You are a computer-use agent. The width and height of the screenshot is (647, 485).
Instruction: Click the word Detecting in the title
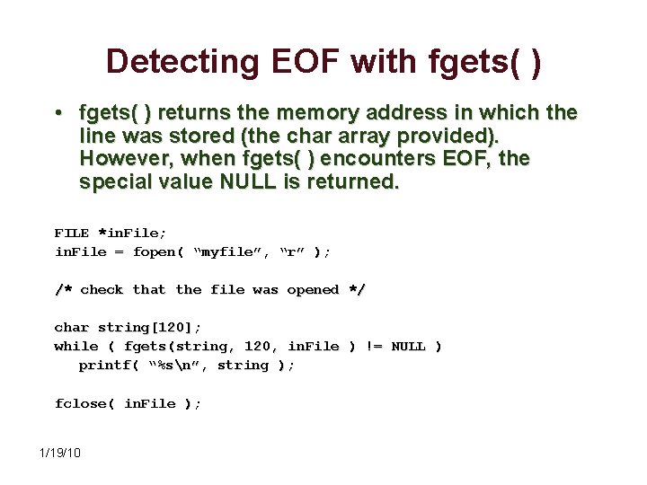point(180,61)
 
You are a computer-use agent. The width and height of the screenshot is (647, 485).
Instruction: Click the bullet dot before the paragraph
point(57,114)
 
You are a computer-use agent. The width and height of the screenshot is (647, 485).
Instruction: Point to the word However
point(120,159)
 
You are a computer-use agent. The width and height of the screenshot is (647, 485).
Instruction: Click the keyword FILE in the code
point(72,232)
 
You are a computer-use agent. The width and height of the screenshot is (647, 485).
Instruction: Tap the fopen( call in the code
point(160,251)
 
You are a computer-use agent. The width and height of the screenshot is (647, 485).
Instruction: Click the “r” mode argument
point(292,251)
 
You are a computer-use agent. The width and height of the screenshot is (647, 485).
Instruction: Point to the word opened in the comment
point(312,290)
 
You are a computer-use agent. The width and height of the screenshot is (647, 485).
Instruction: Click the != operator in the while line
point(374,347)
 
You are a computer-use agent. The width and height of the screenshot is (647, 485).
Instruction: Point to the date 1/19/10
point(60,452)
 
